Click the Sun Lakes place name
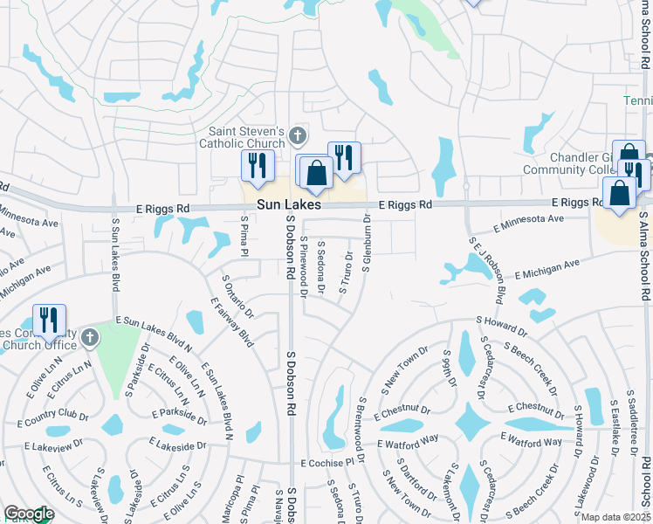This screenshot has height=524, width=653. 289,204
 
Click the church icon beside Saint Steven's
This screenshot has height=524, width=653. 298,136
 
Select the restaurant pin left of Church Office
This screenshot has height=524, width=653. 49,321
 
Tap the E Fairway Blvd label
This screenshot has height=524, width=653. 231,322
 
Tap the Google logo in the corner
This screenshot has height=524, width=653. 28,514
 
